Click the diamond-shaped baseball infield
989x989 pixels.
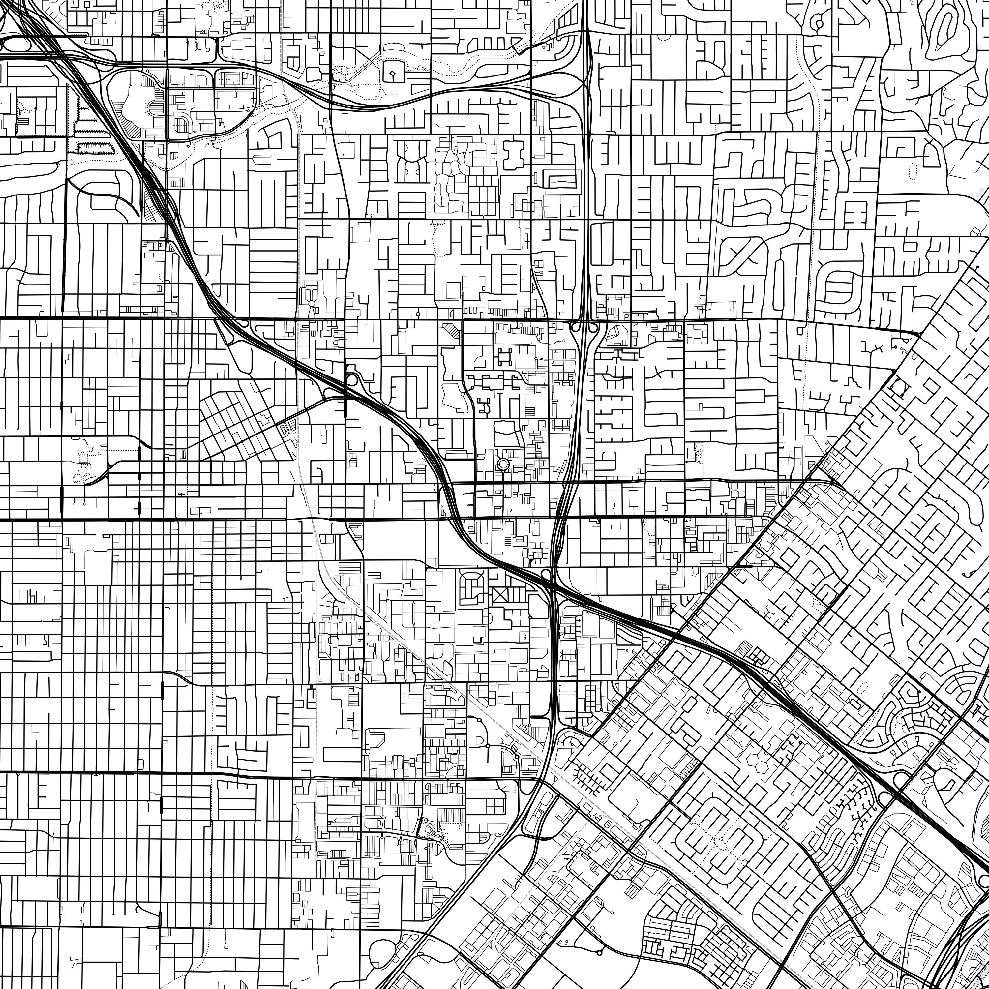coord(392,74)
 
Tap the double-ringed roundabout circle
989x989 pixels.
coord(502,464)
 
